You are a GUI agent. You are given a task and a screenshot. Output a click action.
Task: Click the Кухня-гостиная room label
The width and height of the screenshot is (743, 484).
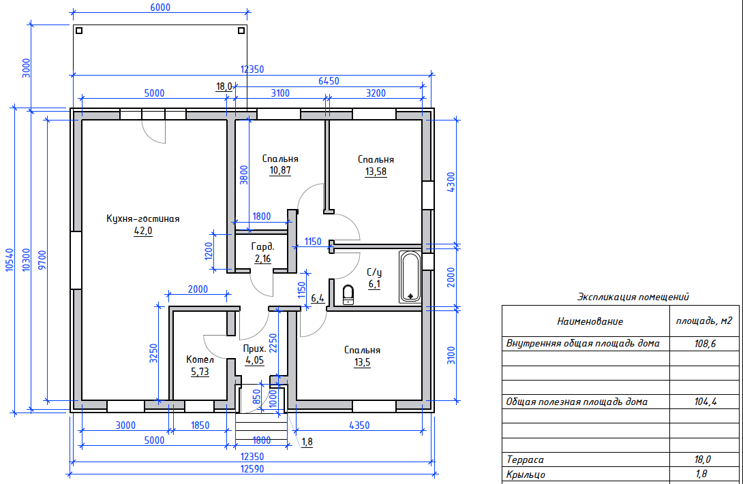tap(142, 219)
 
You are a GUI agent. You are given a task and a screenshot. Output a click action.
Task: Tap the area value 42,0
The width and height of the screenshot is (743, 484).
tap(143, 231)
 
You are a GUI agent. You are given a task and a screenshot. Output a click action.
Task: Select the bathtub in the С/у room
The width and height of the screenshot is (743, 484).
tap(410, 277)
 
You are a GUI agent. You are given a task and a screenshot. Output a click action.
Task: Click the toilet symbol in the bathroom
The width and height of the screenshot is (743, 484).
tap(348, 294)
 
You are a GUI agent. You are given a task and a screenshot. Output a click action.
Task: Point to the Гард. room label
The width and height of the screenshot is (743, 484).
tap(262, 246)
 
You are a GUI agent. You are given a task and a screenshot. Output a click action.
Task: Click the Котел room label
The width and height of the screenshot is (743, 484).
tap(200, 359)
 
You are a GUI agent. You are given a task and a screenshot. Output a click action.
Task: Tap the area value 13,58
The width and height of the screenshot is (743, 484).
tap(376, 172)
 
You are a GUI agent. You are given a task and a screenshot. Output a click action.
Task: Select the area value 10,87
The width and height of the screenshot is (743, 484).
tap(280, 170)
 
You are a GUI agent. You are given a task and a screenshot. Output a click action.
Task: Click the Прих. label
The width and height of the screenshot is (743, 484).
tap(254, 349)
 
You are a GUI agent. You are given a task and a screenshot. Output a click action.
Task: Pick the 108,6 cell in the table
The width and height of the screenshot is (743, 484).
tap(705, 344)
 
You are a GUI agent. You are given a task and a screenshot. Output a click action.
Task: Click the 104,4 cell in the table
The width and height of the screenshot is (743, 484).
tap(705, 402)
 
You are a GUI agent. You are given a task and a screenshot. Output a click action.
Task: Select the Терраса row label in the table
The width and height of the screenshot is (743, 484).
tap(525, 459)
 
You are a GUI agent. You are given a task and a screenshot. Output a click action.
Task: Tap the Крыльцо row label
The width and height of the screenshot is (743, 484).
tap(526, 474)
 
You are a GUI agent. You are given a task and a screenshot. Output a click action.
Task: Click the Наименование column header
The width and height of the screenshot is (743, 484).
tap(590, 321)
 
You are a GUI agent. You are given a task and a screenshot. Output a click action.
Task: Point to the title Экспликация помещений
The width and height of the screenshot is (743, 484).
tap(633, 297)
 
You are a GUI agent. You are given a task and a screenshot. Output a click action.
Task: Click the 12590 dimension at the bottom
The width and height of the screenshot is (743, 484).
tap(252, 469)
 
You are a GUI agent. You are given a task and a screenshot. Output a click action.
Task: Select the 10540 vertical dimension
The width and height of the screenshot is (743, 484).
tap(9, 260)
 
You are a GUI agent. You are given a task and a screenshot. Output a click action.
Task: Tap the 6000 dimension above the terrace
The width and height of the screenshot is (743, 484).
tap(160, 7)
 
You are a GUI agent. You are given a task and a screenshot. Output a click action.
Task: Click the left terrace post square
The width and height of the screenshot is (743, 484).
tap(79, 31)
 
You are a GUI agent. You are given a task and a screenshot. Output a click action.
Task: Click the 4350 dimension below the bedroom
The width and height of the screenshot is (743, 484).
tap(359, 425)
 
